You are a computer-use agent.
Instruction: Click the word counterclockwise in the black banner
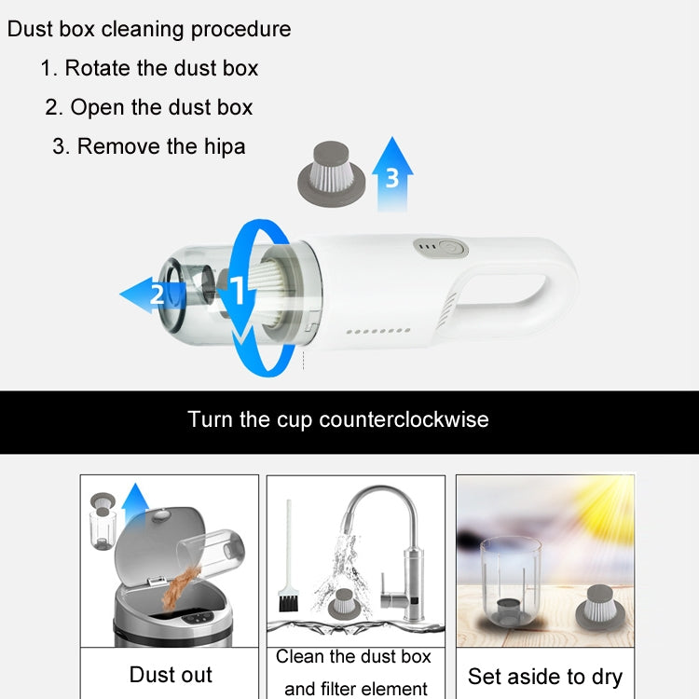[x=404, y=419]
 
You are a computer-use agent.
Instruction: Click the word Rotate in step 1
[x=100, y=68]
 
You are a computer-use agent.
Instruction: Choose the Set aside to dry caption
[x=545, y=676]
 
